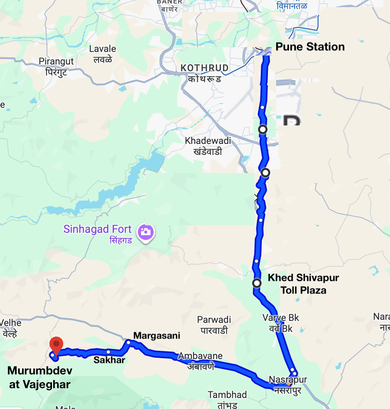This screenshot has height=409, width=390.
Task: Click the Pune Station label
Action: (310, 47)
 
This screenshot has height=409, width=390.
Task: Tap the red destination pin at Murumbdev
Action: (57, 345)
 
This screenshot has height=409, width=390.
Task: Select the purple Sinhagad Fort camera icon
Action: (145, 232)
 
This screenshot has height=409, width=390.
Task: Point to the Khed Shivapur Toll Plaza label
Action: (303, 284)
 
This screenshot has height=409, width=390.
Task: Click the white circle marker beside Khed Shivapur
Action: (257, 283)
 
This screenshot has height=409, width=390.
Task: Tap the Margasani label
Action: (156, 335)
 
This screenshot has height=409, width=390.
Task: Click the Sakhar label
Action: (109, 360)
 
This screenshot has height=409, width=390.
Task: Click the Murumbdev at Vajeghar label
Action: (40, 377)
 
